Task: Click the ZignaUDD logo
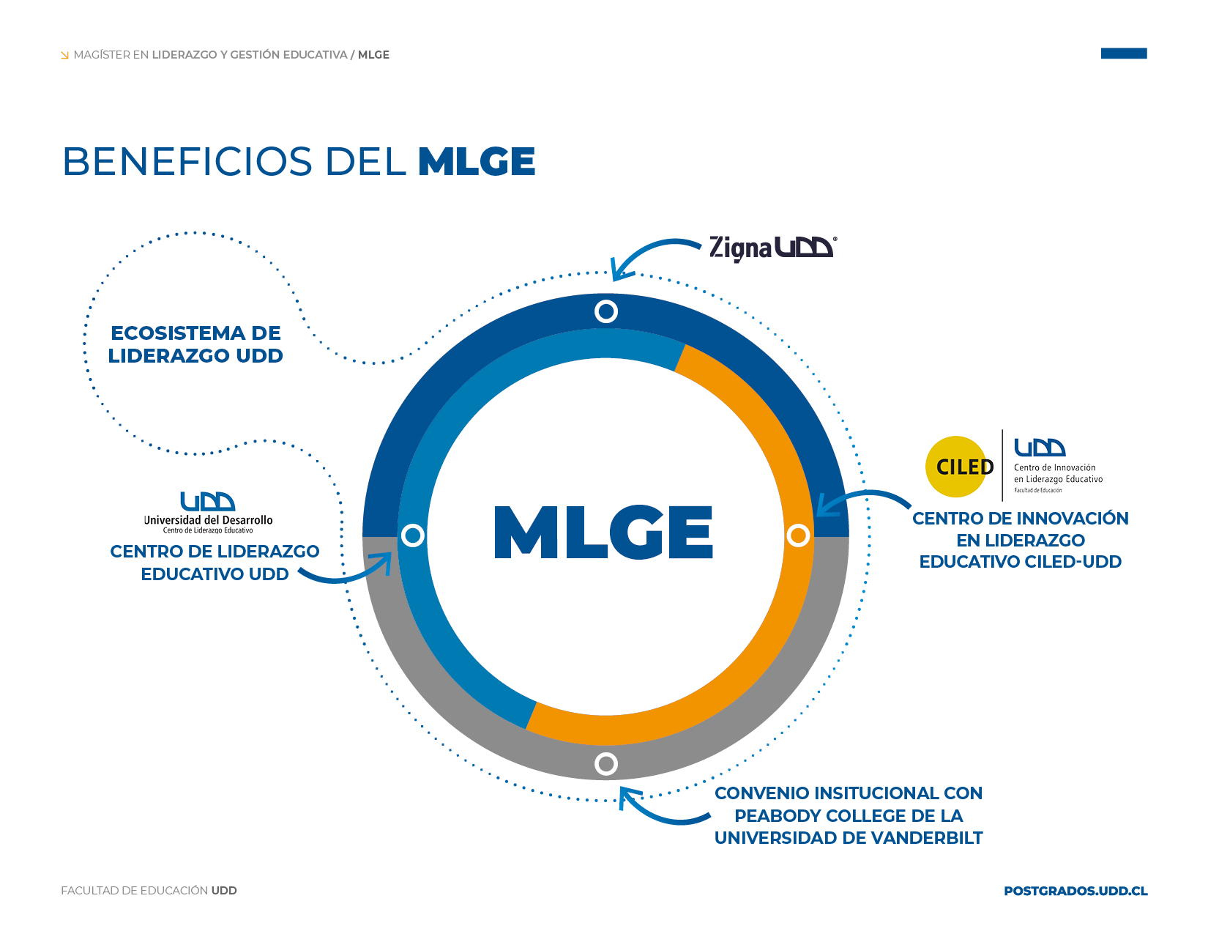[772, 248]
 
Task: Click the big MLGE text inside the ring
[604, 533]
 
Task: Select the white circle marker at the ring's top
[606, 311]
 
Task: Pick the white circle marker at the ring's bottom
[606, 764]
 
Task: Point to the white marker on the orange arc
[798, 535]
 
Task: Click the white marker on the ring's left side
[413, 535]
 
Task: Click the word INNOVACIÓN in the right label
[1070, 519]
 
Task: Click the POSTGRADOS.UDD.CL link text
[1075, 891]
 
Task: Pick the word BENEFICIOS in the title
[187, 162]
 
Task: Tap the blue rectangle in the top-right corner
[1124, 53]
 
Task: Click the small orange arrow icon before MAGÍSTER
[65, 55]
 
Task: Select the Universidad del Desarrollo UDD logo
[208, 511]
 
